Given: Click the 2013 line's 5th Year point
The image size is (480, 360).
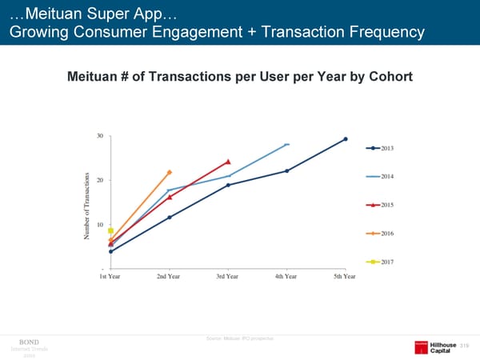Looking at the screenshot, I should tap(346, 139).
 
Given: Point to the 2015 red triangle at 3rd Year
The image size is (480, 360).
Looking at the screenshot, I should tap(228, 162).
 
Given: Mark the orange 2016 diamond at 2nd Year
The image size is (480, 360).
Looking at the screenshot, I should tap(170, 172).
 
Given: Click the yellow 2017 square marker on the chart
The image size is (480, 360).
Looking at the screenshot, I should tap(111, 230).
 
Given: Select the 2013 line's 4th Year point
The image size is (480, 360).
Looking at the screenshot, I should tap(286, 170).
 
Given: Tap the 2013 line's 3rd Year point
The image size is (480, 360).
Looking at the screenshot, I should tap(228, 185).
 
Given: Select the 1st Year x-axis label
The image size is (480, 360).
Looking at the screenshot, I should tap(110, 277).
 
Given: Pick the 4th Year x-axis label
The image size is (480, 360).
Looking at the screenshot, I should tap(286, 277).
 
